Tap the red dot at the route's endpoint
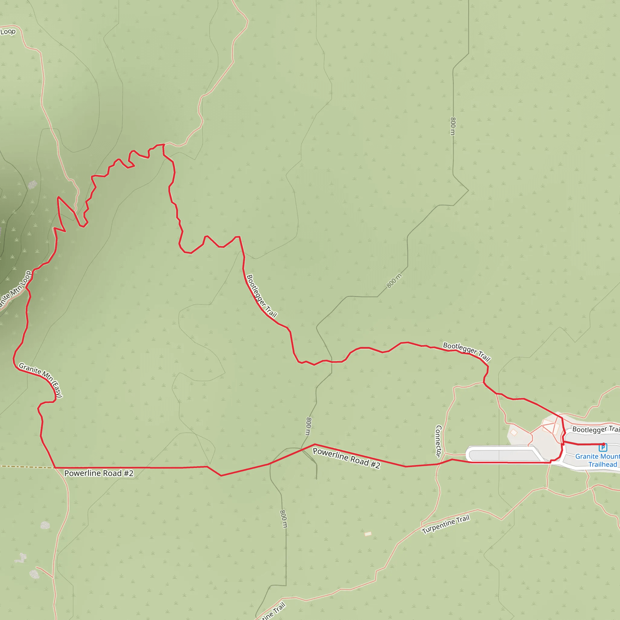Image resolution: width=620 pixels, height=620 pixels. click(604, 444)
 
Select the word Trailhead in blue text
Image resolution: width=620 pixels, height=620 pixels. click(602, 464)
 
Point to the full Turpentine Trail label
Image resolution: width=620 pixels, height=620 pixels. click(446, 524)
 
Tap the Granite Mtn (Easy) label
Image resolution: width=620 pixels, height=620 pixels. click(41, 380)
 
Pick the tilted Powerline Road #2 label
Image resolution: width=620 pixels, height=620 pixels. click(346, 458)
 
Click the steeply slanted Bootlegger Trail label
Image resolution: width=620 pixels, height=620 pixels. click(262, 295)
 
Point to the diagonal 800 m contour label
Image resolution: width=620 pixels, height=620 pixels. click(394, 281)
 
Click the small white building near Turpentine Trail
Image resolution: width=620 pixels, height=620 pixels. click(368, 534)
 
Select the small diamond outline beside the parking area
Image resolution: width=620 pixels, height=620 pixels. click(514, 433)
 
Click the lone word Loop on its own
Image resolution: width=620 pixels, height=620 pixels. click(8, 32)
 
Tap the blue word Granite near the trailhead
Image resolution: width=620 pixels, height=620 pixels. click(586, 456)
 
